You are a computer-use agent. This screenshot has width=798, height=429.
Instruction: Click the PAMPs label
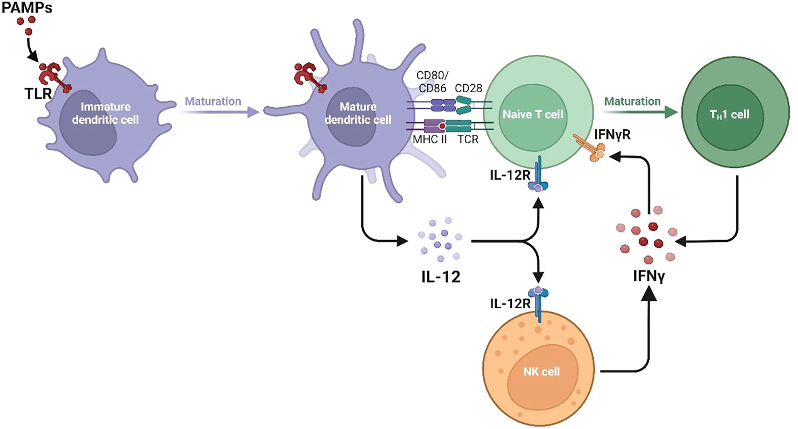pyautogui.click(x=27, y=8)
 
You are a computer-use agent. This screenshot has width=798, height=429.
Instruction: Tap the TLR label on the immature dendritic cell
pyautogui.click(x=38, y=94)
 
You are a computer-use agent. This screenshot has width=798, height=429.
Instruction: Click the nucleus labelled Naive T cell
pyautogui.click(x=533, y=114)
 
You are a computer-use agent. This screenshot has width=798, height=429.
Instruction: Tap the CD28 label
pyautogui.click(x=468, y=88)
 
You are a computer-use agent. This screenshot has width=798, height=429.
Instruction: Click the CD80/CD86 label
pyautogui.click(x=432, y=82)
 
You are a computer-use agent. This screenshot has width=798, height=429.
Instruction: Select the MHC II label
pyautogui.click(x=430, y=140)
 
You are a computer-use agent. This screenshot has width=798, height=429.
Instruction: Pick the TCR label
pyautogui.click(x=468, y=140)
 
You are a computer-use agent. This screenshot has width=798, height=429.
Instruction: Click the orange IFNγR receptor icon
pyautogui.click(x=590, y=147)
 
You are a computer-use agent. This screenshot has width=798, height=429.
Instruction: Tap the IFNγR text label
pyautogui.click(x=612, y=134)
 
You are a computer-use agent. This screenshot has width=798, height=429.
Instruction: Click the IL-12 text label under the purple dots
pyautogui.click(x=441, y=277)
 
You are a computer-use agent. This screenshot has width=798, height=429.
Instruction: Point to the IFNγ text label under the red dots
pyautogui.click(x=649, y=276)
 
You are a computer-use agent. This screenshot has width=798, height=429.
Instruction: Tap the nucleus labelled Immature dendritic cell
pyautogui.click(x=94, y=123)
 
